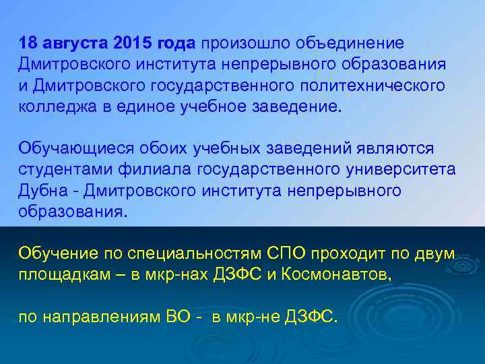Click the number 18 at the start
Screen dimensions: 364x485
(27, 44)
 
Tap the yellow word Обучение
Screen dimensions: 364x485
(54, 254)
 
